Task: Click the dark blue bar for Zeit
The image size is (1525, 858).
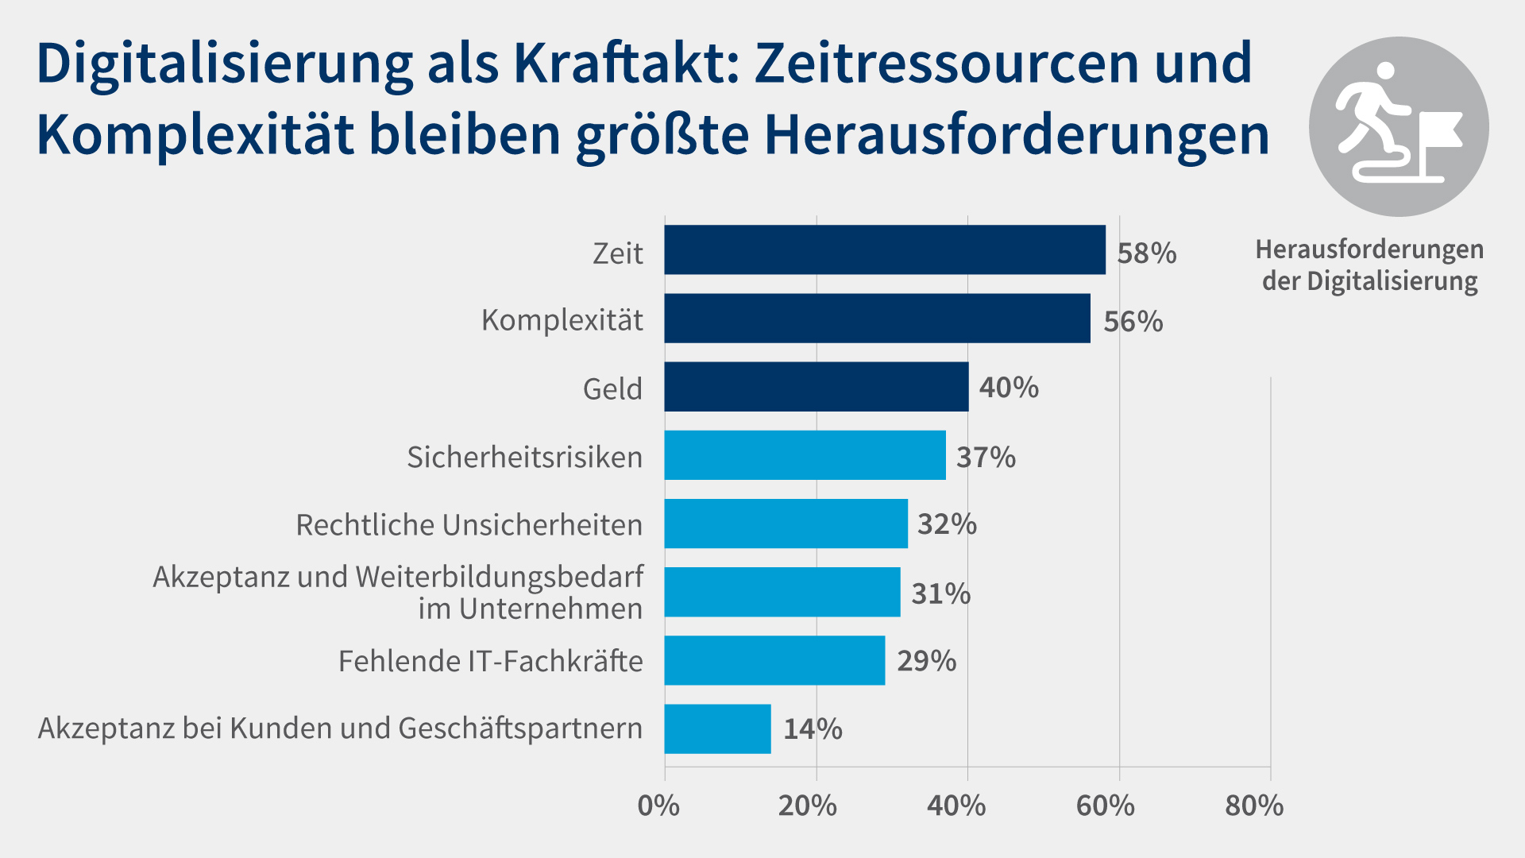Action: (x=884, y=249)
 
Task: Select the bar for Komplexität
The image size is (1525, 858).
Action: (x=877, y=318)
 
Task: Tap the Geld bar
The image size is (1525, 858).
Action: (x=816, y=387)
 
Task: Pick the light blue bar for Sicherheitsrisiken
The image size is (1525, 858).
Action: (x=805, y=455)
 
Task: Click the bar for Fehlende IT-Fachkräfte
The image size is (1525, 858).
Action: (x=774, y=660)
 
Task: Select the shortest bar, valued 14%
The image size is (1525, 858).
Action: (x=717, y=729)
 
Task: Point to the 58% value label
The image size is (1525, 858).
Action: (x=1146, y=253)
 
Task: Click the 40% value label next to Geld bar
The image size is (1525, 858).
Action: (x=1009, y=388)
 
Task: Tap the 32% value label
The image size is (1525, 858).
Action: (x=947, y=524)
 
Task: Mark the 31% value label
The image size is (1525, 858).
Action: (x=940, y=593)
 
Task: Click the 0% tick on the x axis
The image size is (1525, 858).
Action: (x=658, y=806)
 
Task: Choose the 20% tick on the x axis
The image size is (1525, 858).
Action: (x=807, y=806)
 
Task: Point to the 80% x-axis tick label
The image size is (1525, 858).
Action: (x=1253, y=806)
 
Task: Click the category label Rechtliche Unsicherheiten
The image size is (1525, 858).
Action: (x=469, y=525)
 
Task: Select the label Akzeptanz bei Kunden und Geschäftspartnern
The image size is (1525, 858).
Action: (x=340, y=729)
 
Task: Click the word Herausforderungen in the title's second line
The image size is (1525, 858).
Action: (x=1017, y=135)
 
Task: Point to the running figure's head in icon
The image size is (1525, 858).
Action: (x=1385, y=71)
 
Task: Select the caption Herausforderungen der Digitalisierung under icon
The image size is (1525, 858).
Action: (x=1369, y=265)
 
